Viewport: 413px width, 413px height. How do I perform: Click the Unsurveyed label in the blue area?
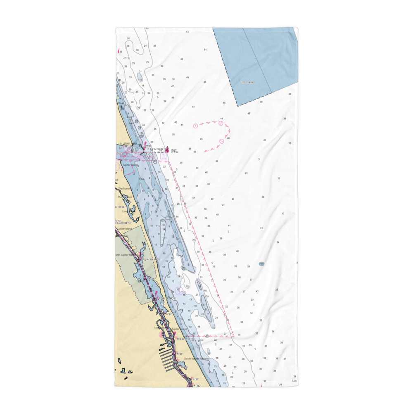click(x=248, y=82)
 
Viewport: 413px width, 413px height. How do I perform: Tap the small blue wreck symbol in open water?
click(x=261, y=263)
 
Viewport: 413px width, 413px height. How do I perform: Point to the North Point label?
click(x=129, y=144)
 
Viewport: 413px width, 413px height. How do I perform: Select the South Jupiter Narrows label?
click(x=197, y=358)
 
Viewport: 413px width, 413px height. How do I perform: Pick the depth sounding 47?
click(x=172, y=86)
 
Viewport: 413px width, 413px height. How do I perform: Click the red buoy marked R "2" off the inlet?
click(x=166, y=149)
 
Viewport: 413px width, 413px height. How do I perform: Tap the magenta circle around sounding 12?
click(x=178, y=290)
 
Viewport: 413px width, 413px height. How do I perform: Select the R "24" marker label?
click(x=180, y=354)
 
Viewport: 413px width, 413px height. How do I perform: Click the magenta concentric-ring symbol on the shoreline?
click(x=162, y=335)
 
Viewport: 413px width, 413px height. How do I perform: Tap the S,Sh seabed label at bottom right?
click(x=294, y=381)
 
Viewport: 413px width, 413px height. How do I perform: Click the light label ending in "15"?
click(x=165, y=298)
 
